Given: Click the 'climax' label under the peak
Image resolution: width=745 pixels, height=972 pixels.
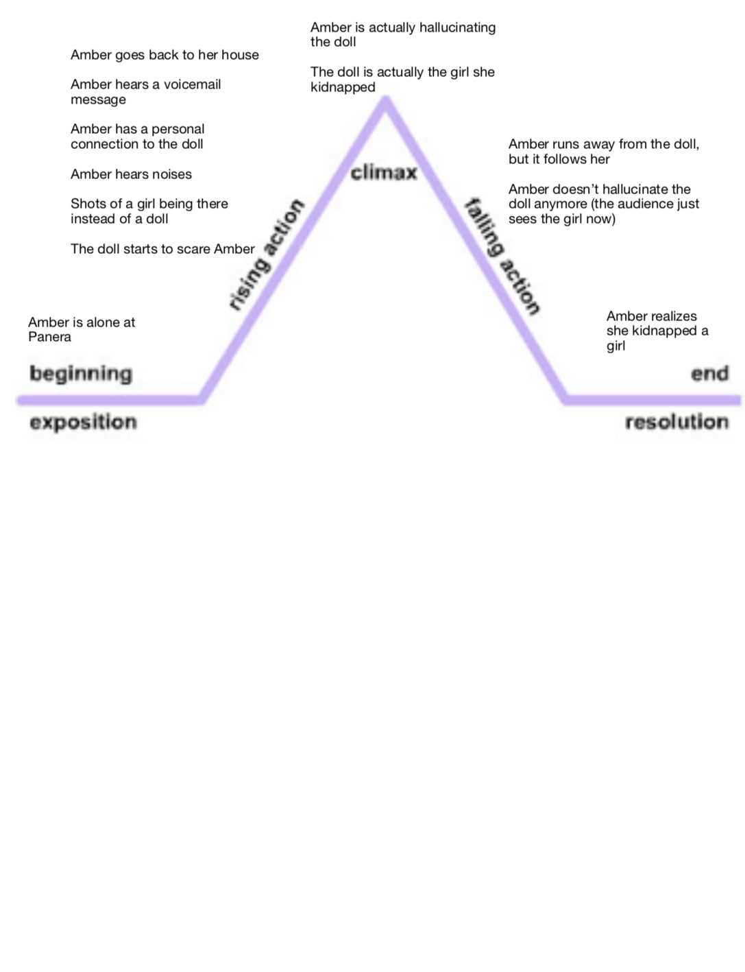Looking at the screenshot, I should point(383,172).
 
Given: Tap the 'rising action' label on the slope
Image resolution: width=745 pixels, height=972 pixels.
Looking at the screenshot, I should point(267,255).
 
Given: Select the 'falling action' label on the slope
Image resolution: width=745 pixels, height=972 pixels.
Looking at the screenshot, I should point(503,255).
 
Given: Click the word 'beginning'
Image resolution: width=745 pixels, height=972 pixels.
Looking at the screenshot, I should point(81,374).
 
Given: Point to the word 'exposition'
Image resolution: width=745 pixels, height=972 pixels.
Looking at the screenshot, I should point(83,422).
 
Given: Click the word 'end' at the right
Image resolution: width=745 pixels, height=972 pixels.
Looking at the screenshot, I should point(709,374).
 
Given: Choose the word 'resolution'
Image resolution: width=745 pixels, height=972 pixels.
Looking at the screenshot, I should point(676,422).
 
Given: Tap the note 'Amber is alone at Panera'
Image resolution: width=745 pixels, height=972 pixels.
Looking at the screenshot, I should point(82,329).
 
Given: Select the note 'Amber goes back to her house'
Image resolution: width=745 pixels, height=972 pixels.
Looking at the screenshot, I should point(164,55).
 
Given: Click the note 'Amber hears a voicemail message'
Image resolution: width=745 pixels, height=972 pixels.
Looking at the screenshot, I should point(145,92).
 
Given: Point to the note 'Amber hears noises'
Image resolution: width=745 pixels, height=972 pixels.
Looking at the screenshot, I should point(131,174).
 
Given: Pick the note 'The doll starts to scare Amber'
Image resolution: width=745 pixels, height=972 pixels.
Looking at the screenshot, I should point(162,249).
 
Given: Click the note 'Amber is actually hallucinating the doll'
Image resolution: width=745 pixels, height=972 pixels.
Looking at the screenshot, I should point(402,34).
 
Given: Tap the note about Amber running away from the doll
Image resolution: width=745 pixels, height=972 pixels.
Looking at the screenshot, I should point(603,152).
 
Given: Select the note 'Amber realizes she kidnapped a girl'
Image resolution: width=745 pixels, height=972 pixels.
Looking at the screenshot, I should point(657,331).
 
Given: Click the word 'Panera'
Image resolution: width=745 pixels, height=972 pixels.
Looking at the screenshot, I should point(49,337).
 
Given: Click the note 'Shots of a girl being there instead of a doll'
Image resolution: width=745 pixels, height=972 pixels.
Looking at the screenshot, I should point(149,211).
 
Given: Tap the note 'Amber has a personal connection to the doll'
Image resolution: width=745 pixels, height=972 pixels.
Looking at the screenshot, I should point(137,137).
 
